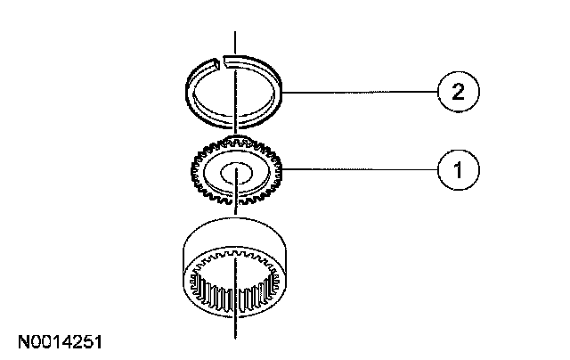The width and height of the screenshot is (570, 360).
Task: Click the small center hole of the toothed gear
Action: click(x=236, y=172)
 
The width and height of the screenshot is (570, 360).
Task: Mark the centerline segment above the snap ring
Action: click(x=236, y=42)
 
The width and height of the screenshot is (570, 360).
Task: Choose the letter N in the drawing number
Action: click(x=20, y=340)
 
